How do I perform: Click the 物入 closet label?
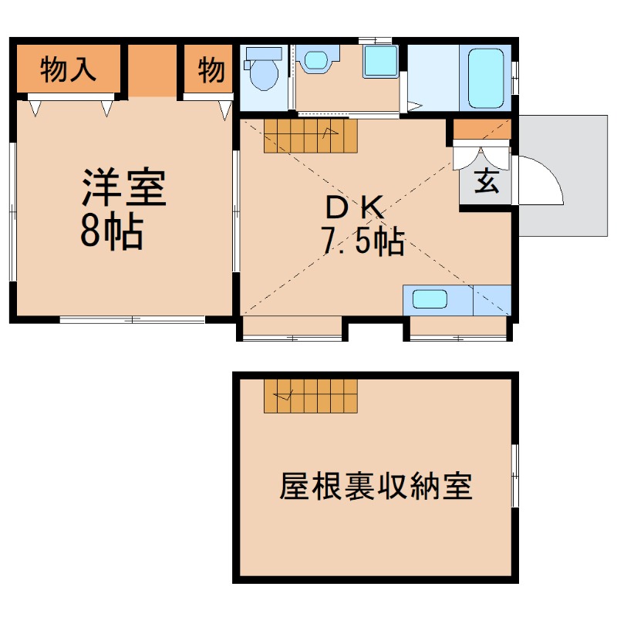68,69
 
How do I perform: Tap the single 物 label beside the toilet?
210,69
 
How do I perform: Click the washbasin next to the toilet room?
316,60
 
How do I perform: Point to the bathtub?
484,77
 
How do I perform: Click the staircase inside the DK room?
310,137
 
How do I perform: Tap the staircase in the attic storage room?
310,396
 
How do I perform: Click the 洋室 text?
124,187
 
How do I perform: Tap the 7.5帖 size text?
362,242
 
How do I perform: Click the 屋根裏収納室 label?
376,485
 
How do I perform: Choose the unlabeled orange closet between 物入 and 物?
151,71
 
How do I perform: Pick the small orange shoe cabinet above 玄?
480,130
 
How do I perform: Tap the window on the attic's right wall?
515,474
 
